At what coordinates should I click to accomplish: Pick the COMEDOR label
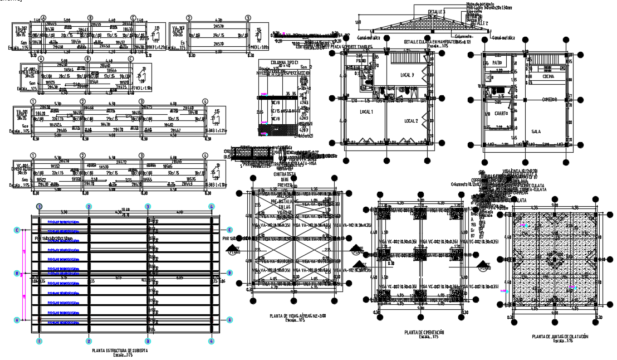tap(550, 99)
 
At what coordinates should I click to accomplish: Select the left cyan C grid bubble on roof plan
tap(17, 229)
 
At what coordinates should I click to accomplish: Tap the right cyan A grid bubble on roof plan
tap(229, 320)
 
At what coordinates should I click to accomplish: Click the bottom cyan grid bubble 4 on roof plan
tap(212, 340)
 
